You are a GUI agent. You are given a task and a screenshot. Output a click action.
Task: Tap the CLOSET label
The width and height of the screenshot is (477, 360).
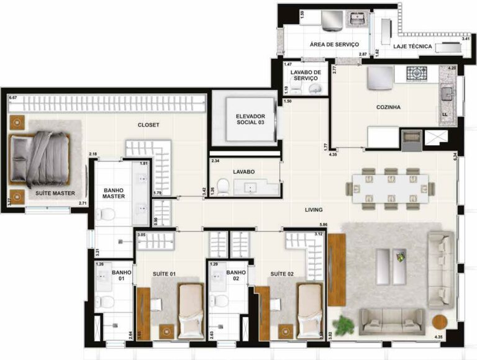[148, 125]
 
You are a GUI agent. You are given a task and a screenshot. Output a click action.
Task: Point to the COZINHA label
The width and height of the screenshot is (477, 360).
[388, 107]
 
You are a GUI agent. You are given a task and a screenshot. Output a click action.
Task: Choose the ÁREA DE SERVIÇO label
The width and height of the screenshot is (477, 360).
[335, 45]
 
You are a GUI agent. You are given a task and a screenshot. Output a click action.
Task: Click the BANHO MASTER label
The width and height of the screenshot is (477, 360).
[114, 192]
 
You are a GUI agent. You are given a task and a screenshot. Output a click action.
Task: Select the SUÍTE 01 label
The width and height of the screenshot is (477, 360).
[165, 273]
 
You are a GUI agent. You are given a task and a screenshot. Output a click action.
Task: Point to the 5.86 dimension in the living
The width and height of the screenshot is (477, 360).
[322, 223]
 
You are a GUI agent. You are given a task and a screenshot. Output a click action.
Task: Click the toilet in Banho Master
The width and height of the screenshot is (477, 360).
[107, 215]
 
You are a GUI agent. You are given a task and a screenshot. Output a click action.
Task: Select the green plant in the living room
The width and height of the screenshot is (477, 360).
[343, 323]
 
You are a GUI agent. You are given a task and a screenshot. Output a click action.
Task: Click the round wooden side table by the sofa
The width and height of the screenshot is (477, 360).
[440, 322]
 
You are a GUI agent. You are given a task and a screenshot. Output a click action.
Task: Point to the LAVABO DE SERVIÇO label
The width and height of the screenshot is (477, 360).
[305, 76]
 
